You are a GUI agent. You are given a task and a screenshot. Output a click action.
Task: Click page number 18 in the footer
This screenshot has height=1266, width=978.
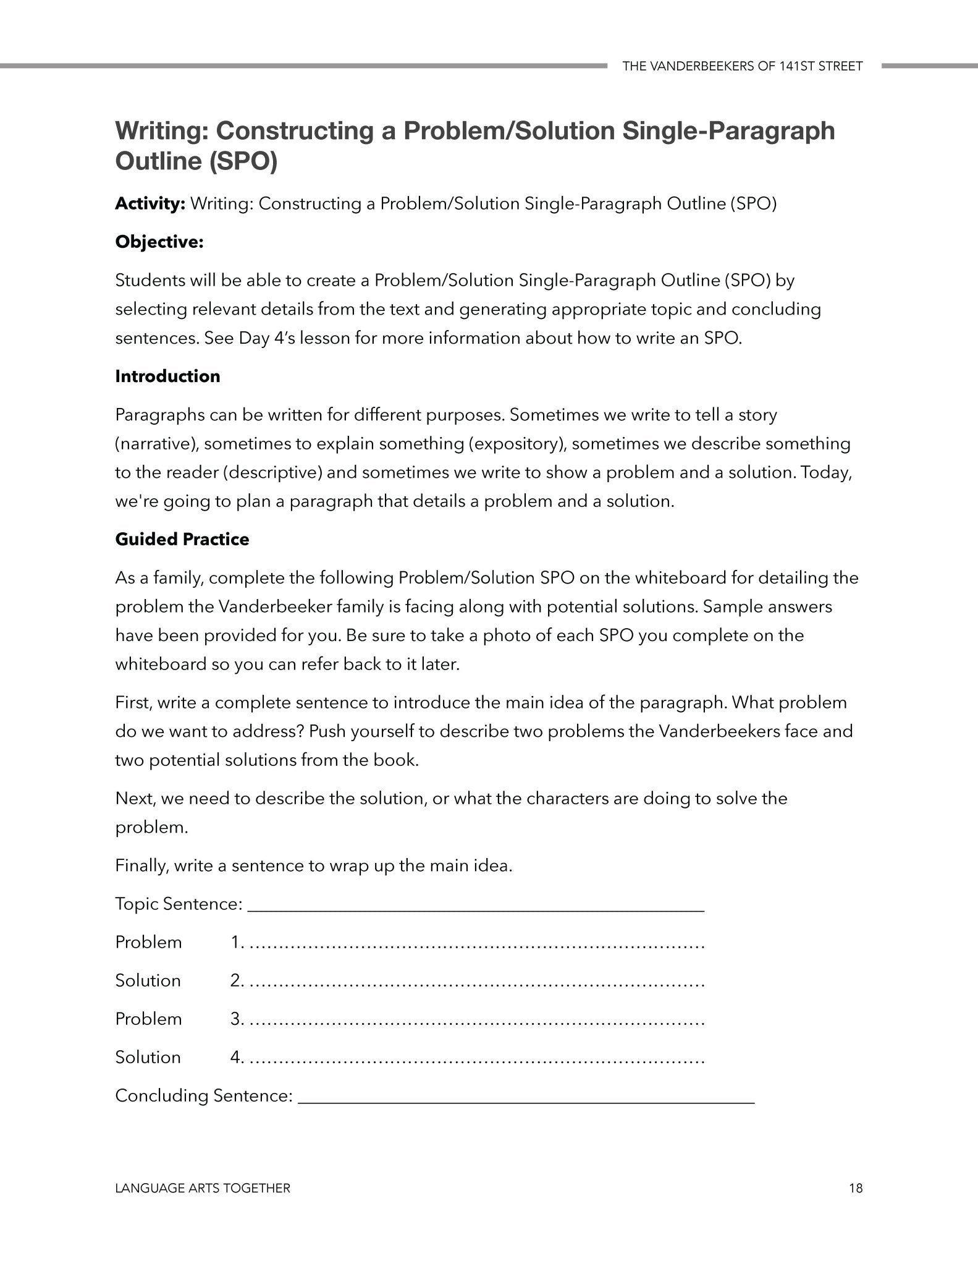(856, 1188)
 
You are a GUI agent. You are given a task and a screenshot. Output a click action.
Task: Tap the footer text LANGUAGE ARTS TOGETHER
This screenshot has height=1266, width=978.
(203, 1188)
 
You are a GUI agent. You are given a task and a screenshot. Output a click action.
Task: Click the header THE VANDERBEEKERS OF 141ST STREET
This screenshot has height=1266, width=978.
(742, 66)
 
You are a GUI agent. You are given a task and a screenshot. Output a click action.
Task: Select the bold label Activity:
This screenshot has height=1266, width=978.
(150, 204)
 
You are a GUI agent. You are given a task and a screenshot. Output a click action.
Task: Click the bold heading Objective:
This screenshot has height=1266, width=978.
(159, 242)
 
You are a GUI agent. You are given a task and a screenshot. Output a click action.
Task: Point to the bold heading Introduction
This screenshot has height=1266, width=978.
(167, 376)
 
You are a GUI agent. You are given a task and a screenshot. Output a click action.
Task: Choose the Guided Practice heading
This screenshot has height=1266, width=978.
(182, 539)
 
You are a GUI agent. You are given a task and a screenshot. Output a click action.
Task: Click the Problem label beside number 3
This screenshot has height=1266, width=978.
(148, 1019)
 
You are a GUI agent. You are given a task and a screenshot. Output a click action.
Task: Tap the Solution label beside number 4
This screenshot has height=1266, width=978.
(148, 1057)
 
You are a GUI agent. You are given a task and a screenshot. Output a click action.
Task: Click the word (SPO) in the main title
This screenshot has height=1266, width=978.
(243, 161)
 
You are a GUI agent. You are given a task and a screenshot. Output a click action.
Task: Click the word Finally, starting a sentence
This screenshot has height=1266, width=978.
(141, 865)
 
